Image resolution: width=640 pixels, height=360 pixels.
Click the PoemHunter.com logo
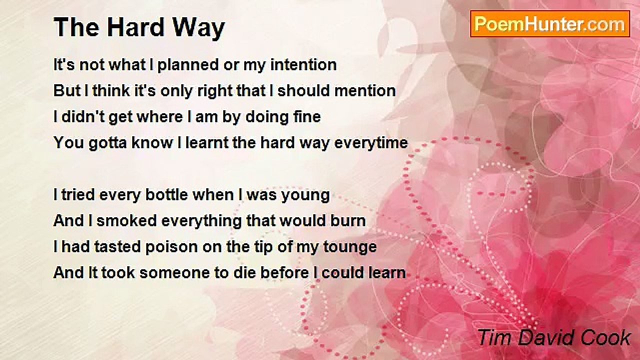coord(550,24)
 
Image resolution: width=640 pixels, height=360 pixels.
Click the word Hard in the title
coord(135,27)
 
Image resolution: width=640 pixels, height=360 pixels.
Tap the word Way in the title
coord(198,29)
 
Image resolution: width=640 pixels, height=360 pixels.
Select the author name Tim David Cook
coord(553,337)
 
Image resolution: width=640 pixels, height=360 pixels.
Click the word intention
coord(303,64)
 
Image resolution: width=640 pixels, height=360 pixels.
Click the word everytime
coord(371,143)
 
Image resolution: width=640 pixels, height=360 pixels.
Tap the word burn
coord(348,221)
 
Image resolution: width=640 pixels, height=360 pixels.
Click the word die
coord(244,273)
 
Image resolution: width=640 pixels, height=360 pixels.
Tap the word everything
coord(201,221)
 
